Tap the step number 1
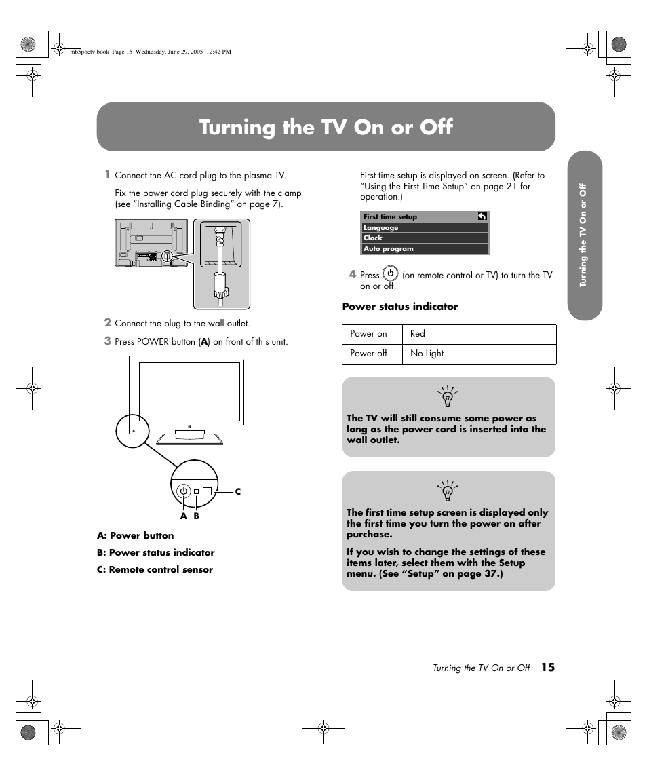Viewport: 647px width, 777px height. pyautogui.click(x=106, y=174)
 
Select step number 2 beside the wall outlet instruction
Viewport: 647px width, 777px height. pyautogui.click(x=107, y=322)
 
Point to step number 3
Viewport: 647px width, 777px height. pyautogui.click(x=107, y=341)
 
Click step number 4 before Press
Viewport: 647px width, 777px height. pyautogui.click(x=353, y=274)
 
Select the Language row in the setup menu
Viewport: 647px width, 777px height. pyautogui.click(x=425, y=228)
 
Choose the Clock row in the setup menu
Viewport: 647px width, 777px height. pyautogui.click(x=425, y=238)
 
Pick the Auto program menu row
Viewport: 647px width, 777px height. pyautogui.click(x=425, y=249)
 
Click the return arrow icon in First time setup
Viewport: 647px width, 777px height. pyautogui.click(x=482, y=216)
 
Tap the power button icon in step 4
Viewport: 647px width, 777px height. pyautogui.click(x=390, y=274)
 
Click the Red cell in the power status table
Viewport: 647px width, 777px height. pyautogui.click(x=418, y=334)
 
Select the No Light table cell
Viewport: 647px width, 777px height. pyautogui.click(x=427, y=354)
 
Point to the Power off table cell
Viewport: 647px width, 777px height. pyautogui.click(x=369, y=354)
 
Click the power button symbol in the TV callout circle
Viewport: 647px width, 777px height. pyautogui.click(x=183, y=491)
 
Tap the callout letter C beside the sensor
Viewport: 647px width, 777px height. pyautogui.click(x=238, y=491)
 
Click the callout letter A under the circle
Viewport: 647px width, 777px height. pyautogui.click(x=183, y=516)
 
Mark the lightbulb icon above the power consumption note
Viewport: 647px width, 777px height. pyautogui.click(x=448, y=396)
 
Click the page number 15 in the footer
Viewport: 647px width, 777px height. pyautogui.click(x=547, y=668)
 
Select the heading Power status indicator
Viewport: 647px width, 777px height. pyautogui.click(x=400, y=307)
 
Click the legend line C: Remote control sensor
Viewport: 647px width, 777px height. pyautogui.click(x=155, y=570)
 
